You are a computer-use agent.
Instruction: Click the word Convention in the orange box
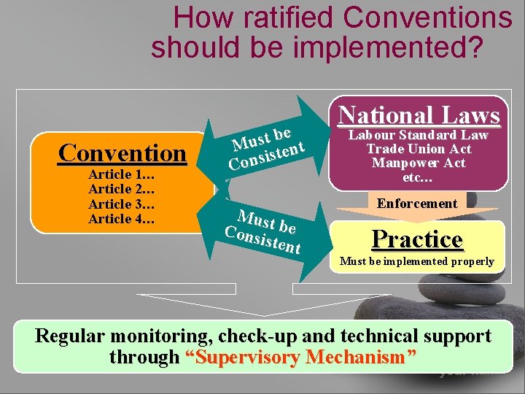click(122, 153)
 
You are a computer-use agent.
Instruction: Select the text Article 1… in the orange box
click(121, 175)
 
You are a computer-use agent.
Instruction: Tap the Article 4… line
click(121, 219)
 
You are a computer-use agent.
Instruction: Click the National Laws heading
click(419, 115)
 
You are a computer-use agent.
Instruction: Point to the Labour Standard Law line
click(419, 135)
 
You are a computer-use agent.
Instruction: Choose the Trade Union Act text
click(419, 149)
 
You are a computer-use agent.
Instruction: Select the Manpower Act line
click(419, 163)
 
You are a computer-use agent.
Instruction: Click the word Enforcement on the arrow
click(417, 204)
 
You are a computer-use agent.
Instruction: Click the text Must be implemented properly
click(417, 260)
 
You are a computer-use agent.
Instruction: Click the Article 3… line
click(121, 204)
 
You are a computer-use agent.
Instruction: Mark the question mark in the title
click(474, 47)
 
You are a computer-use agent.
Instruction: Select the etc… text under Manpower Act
click(417, 177)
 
